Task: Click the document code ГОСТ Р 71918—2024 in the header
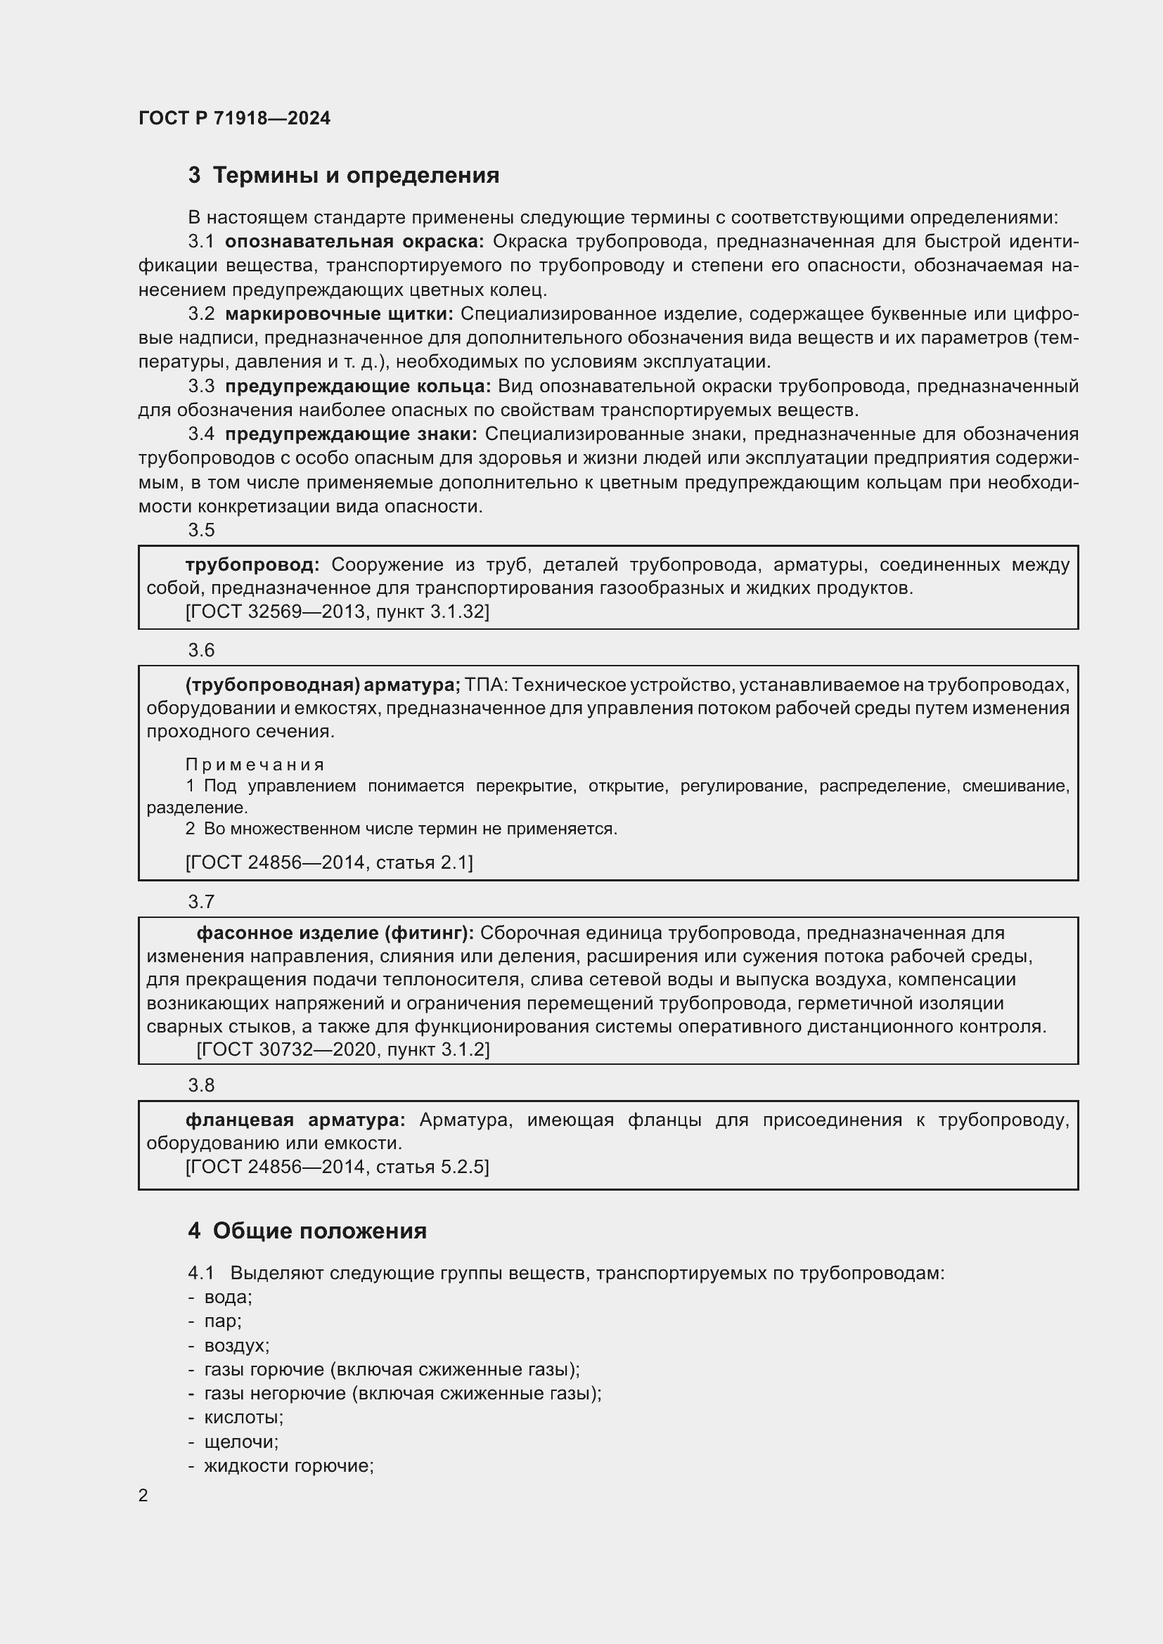pyautogui.click(x=234, y=118)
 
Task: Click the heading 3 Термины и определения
pyautogui.click(x=344, y=176)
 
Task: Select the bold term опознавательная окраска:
pyautogui.click(x=354, y=242)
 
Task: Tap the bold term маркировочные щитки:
pyautogui.click(x=339, y=313)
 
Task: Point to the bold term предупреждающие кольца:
pyautogui.click(x=357, y=387)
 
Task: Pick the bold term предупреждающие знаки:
pyautogui.click(x=351, y=434)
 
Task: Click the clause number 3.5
pyautogui.click(x=201, y=530)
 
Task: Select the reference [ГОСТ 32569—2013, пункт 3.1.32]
pyautogui.click(x=337, y=611)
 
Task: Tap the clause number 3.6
pyautogui.click(x=201, y=650)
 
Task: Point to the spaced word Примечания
pyautogui.click(x=255, y=765)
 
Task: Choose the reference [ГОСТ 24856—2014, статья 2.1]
pyautogui.click(x=328, y=862)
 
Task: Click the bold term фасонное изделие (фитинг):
pyautogui.click(x=335, y=933)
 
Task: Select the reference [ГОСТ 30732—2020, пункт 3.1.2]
pyautogui.click(x=342, y=1049)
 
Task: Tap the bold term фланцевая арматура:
pyautogui.click(x=295, y=1120)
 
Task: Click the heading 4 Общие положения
pyautogui.click(x=307, y=1231)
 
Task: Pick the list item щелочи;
pyautogui.click(x=240, y=1442)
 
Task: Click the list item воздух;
pyautogui.click(x=236, y=1345)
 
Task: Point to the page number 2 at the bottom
pyautogui.click(x=143, y=1496)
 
